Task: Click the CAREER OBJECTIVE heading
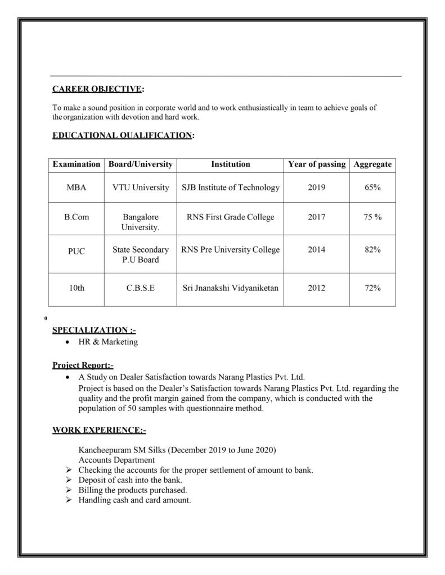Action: pyautogui.click(x=97, y=89)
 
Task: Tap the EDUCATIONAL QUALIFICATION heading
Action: pyautogui.click(x=122, y=135)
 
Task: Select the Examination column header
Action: pyautogui.click(x=76, y=165)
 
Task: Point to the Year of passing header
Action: pyautogui.click(x=317, y=165)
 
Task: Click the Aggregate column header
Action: pyautogui.click(x=372, y=165)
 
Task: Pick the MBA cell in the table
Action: pyautogui.click(x=76, y=188)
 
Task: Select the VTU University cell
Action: pyautogui.click(x=141, y=188)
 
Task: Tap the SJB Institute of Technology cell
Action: pyautogui.click(x=230, y=188)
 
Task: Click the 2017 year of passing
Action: pyautogui.click(x=317, y=217)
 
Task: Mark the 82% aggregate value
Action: pyautogui.click(x=372, y=250)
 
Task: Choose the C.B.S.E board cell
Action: pyautogui.click(x=141, y=288)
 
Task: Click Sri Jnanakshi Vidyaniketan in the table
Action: pyautogui.click(x=230, y=288)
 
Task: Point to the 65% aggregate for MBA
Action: pyautogui.click(x=372, y=188)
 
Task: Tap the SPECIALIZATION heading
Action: pyautogui.click(x=93, y=330)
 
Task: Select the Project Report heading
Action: pyautogui.click(x=83, y=365)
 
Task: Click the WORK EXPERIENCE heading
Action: pyautogui.click(x=99, y=431)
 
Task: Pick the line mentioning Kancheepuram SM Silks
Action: pyautogui.click(x=177, y=450)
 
